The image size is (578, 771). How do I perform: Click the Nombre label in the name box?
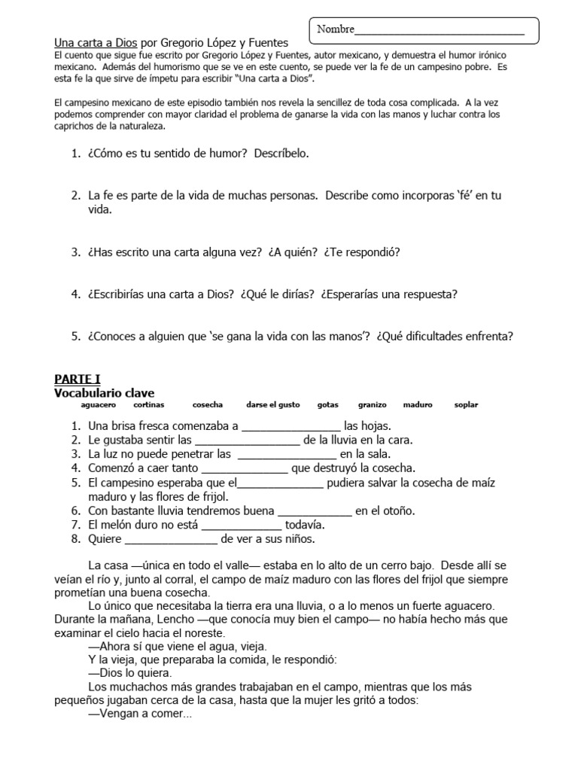pos(336,29)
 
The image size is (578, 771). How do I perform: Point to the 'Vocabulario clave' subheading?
pos(105,392)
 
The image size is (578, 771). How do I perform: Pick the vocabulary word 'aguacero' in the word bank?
pos(98,405)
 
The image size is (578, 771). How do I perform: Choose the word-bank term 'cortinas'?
pos(150,405)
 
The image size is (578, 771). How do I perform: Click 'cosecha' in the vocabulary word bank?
pos(208,405)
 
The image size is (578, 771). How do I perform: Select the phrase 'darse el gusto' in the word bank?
pos(273,405)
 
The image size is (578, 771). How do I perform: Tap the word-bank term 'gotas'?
pos(328,405)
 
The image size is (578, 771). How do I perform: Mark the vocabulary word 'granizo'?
pos(372,405)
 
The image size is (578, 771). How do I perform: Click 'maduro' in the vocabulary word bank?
pos(418,405)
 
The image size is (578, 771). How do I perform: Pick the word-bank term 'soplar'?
pos(466,405)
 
